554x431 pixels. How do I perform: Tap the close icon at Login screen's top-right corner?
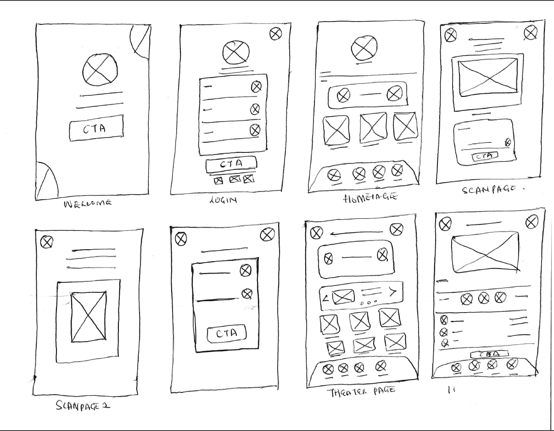[275, 34]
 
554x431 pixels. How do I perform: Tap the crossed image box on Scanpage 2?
[89, 316]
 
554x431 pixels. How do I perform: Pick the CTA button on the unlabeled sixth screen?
[226, 334]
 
